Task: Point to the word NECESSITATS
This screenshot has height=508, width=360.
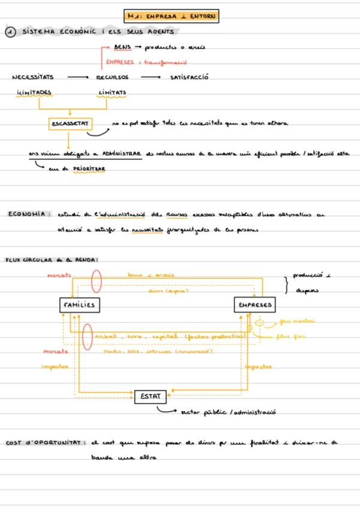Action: (33, 77)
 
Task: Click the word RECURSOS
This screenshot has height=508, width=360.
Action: (112, 77)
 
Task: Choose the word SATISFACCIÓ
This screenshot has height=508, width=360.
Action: (189, 77)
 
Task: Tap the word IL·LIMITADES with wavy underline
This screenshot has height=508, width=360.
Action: (34, 92)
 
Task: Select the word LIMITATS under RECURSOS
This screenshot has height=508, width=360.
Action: (112, 92)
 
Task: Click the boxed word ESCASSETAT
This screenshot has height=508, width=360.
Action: (70, 123)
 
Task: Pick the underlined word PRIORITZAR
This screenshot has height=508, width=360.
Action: (89, 169)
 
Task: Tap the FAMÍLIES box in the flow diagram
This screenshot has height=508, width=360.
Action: (78, 305)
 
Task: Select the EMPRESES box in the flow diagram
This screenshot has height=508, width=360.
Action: (255, 305)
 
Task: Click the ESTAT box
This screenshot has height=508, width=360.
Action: (150, 397)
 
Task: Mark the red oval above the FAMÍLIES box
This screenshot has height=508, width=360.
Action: (96, 282)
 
